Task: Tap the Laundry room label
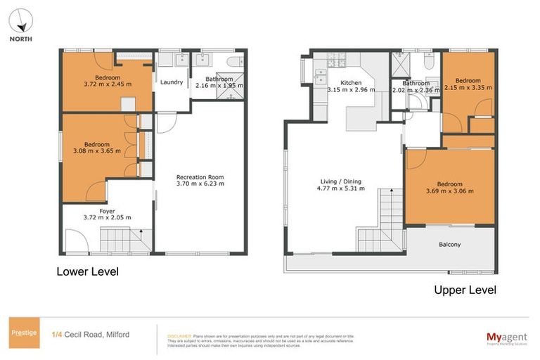point(172,82)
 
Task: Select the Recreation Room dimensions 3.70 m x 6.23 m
point(200,184)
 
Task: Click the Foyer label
point(107,210)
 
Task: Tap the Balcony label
point(450,245)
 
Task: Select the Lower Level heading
point(87,271)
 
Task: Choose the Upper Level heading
point(465,290)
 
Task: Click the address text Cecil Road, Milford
point(101,334)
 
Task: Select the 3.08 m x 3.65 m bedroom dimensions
point(98,150)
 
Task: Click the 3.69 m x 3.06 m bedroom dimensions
point(449,191)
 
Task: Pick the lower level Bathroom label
point(217,79)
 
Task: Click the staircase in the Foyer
point(124,240)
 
